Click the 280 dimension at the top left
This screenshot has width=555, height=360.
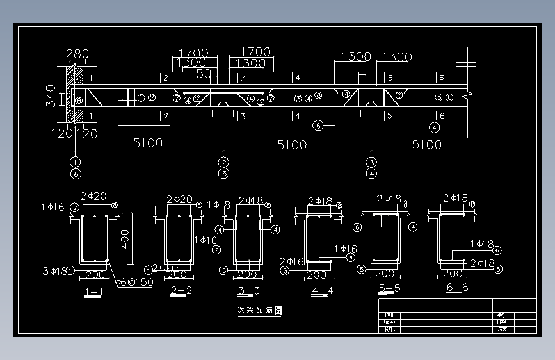pos(77,54)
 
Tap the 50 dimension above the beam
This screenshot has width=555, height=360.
pos(204,74)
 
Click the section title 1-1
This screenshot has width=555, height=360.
pos(93,293)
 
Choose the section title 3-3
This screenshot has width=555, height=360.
pos(248,291)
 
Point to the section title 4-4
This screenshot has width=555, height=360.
pos(321,291)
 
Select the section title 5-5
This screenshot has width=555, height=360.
pos(389,288)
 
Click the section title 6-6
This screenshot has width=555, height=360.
pos(457,287)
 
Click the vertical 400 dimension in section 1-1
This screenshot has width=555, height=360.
pos(125,239)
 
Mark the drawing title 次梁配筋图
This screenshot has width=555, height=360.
pos(260,310)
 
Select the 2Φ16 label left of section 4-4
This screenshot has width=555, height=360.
pos(291,261)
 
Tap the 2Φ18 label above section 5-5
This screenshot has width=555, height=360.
pos(389,199)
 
